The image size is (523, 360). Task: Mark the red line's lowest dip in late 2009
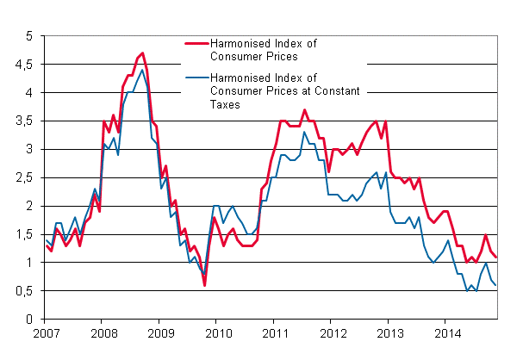204,285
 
